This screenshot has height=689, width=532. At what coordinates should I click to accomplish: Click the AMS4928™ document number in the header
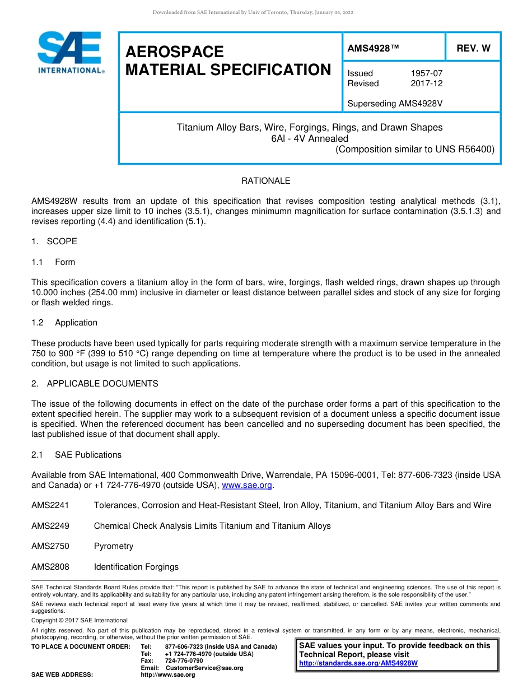point(374,48)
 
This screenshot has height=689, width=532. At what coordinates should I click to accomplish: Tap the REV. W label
point(473,48)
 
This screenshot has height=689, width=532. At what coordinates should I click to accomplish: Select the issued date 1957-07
point(426,73)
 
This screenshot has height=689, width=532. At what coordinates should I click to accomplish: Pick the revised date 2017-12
point(426,83)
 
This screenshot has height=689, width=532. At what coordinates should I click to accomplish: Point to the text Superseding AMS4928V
point(395,104)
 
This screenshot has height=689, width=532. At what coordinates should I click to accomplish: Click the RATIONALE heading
point(265,181)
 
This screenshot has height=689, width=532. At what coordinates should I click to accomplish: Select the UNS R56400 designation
point(462,150)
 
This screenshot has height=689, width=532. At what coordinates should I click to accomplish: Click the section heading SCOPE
point(62,241)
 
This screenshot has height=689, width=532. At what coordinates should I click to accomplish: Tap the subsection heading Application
point(76,323)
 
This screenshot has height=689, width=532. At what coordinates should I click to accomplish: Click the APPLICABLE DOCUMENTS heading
point(102,384)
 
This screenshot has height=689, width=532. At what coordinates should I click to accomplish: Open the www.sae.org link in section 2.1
point(247,485)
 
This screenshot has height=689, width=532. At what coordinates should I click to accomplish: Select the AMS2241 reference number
point(50,505)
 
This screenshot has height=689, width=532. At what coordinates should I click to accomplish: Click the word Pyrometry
point(114,546)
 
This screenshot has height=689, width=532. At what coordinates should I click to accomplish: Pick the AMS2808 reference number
point(50,567)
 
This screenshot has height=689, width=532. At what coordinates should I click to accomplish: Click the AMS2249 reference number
point(50,526)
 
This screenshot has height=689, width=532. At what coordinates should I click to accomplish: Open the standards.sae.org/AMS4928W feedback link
point(358,663)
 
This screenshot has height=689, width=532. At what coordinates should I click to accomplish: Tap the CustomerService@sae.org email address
point(204,668)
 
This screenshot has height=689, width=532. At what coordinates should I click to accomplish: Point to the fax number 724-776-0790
point(184,661)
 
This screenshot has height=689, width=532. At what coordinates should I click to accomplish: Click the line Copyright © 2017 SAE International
point(80,620)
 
